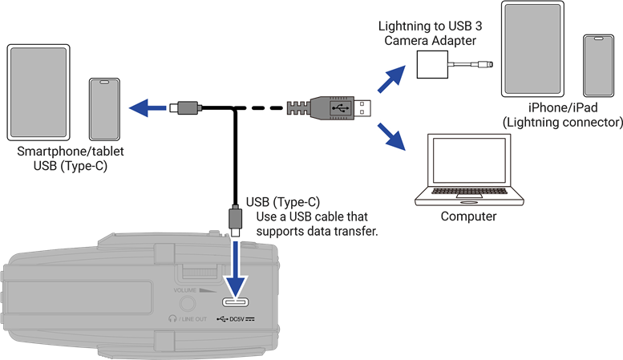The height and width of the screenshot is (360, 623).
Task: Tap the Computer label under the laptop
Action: point(469,216)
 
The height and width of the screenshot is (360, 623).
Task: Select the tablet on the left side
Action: point(41,91)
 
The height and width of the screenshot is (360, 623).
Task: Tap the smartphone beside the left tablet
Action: point(103,108)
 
